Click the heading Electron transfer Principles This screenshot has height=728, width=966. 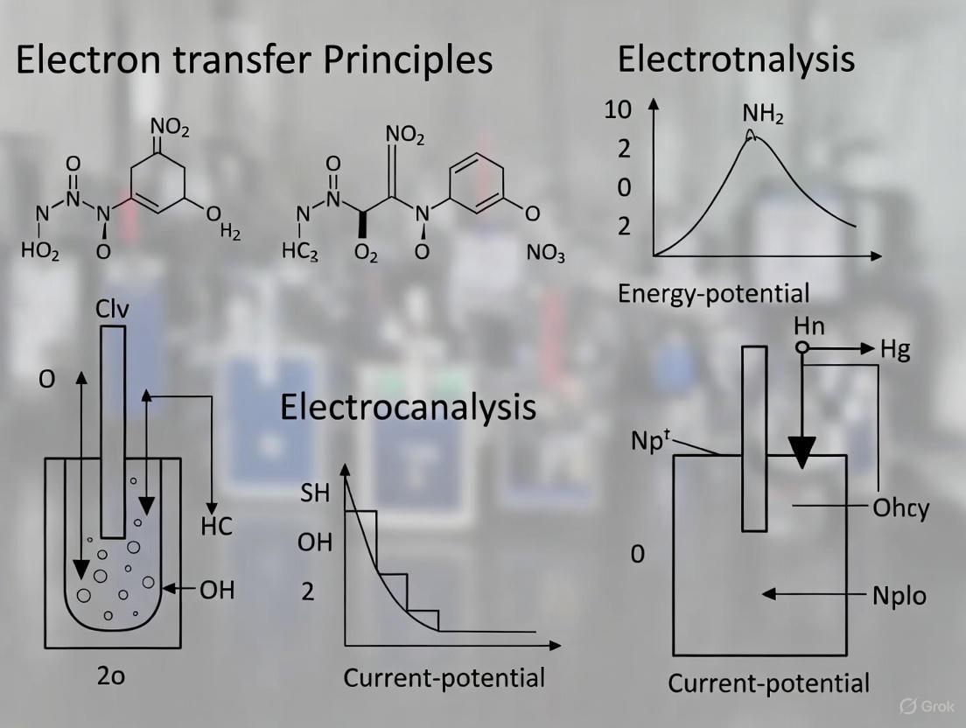tap(254, 59)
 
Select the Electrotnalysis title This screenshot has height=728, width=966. tap(736, 59)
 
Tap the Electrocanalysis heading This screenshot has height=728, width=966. tap(408, 407)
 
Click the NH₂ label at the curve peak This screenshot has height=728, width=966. tap(763, 114)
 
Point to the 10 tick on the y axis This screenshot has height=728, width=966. tap(618, 110)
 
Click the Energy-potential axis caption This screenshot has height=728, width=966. tap(713, 292)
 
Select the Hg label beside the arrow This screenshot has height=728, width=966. tap(895, 350)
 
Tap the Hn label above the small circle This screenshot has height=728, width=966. tap(809, 326)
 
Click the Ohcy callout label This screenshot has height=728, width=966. tap(900, 507)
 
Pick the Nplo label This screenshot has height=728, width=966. tap(899, 595)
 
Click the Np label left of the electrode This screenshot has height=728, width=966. tap(650, 440)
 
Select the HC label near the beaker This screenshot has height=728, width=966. tap(216, 527)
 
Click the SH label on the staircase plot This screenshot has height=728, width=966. tap(314, 493)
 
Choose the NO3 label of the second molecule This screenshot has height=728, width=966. tap(546, 255)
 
